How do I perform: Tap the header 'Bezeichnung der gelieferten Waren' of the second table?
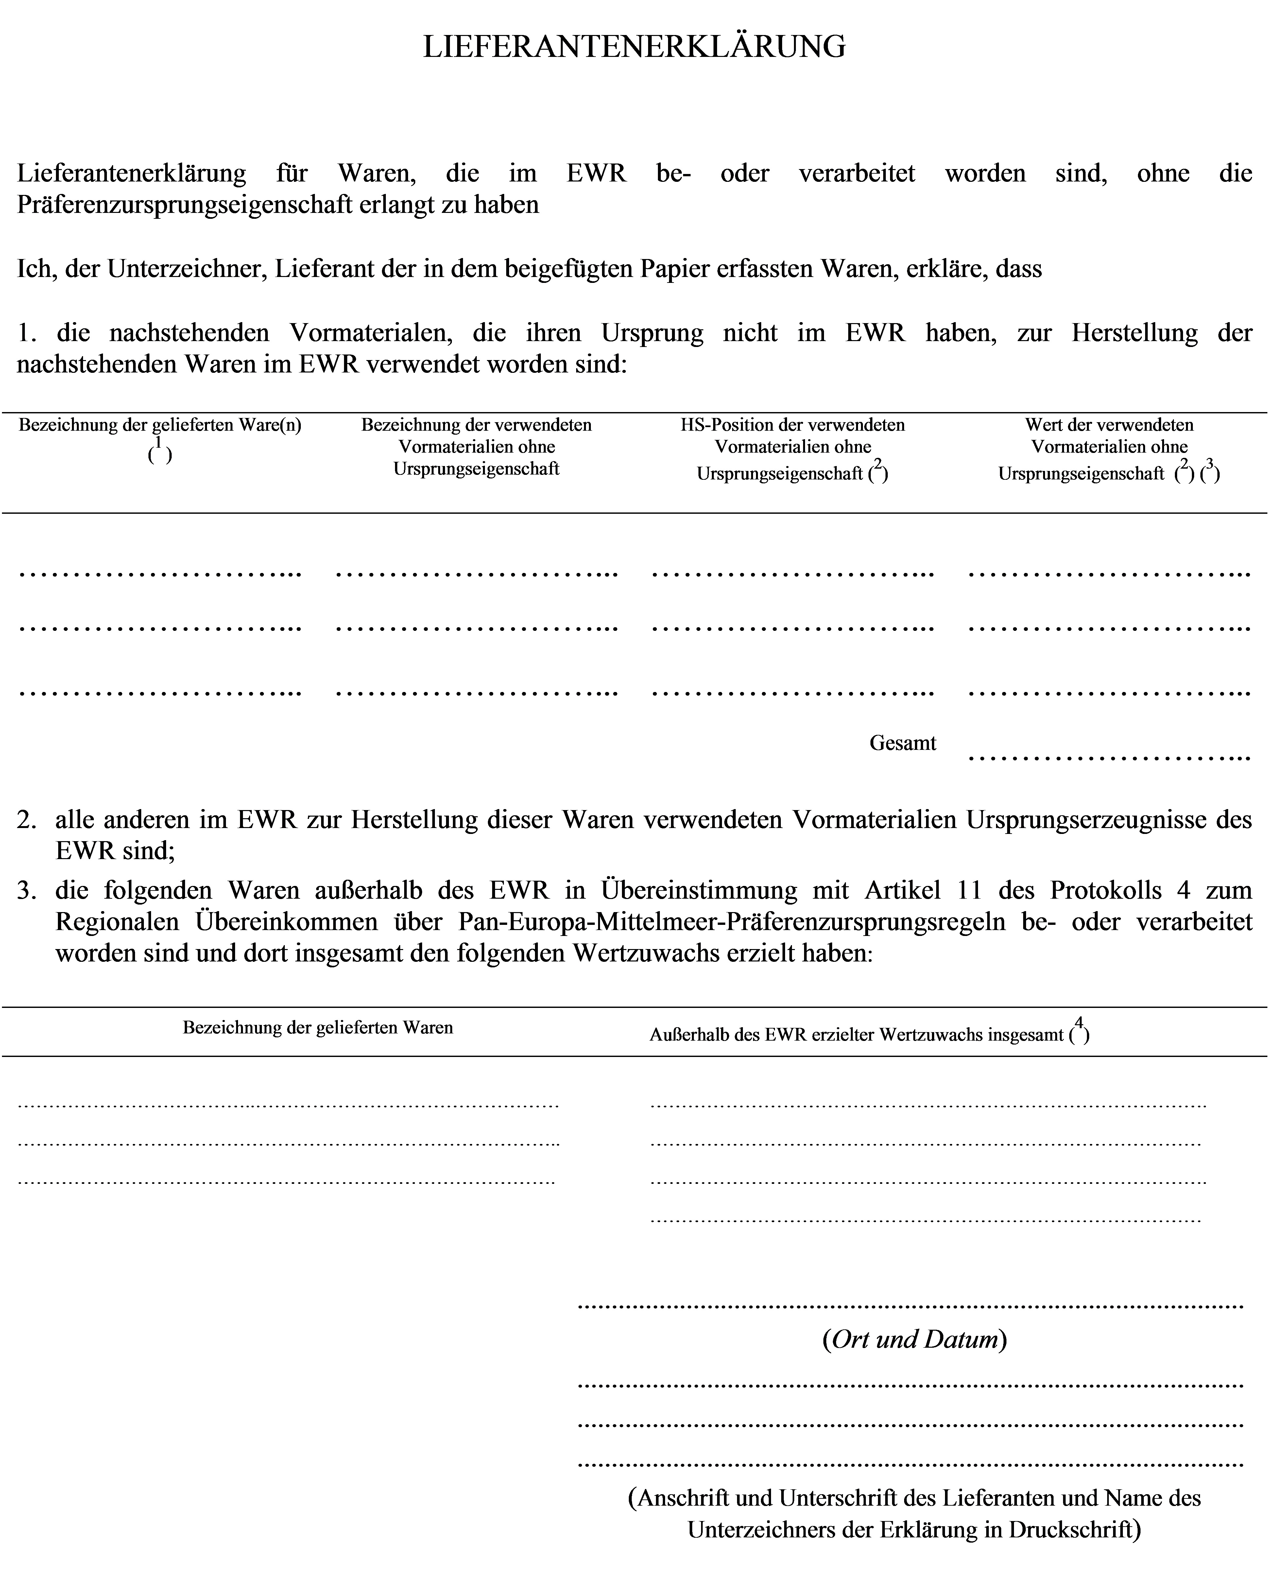[x=318, y=1028]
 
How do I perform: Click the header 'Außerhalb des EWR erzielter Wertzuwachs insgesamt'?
[x=857, y=1035]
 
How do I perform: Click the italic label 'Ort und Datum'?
[x=915, y=1340]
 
